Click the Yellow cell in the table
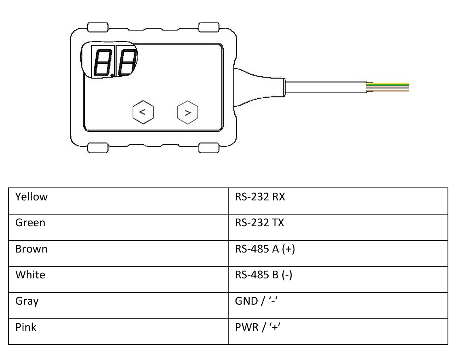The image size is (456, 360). tap(118, 201)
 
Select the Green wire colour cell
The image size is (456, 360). tap(118, 227)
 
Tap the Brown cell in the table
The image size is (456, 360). tap(118, 253)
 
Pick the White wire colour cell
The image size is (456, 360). tap(118, 279)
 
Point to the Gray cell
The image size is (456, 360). tap(118, 305)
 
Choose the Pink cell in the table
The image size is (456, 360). tap(118, 332)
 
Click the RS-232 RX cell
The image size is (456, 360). tap(338, 201)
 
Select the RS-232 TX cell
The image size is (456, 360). tap(338, 227)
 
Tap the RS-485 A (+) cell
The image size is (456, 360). tap(338, 253)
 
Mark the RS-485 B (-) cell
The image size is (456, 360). tap(338, 279)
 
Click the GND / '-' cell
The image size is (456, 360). tap(338, 305)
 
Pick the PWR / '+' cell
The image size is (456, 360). tap(338, 332)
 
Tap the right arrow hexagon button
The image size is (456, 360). tap(187, 112)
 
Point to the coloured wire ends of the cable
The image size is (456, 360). tap(388, 87)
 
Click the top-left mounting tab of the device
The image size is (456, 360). tap(98, 27)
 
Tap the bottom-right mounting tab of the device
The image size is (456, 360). tap(209, 148)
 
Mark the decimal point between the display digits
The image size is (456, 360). tap(112, 76)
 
